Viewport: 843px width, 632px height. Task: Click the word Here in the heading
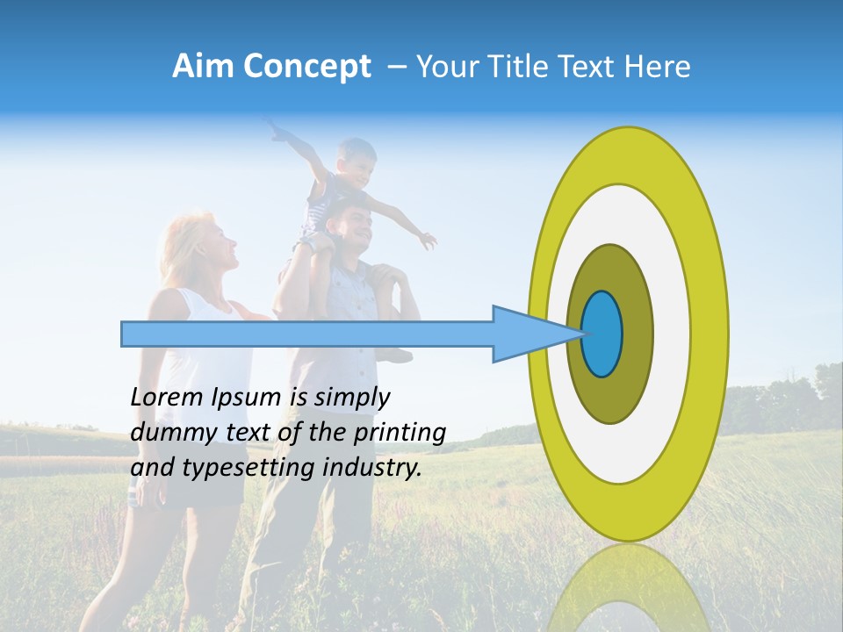pyautogui.click(x=659, y=67)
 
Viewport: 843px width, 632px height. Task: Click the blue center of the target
pyautogui.click(x=602, y=334)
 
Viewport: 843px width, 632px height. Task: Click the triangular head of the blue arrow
pyautogui.click(x=527, y=334)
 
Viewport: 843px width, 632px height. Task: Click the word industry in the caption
pyautogui.click(x=377, y=468)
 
